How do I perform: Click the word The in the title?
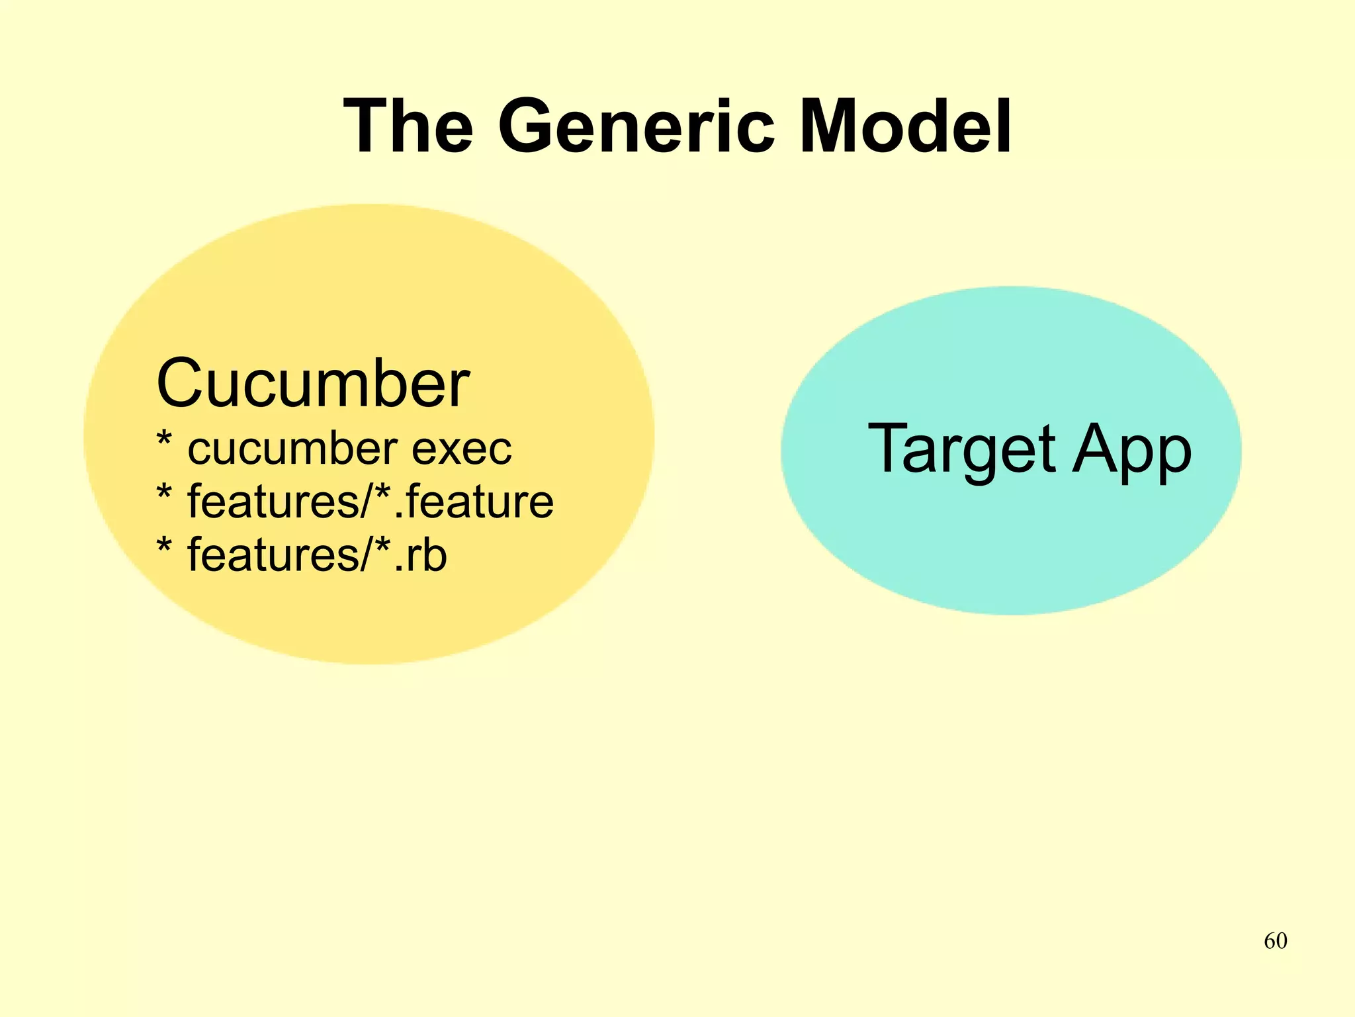pos(408,126)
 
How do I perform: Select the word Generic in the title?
pos(636,126)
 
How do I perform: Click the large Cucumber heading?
pos(313,384)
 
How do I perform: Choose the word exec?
pos(462,449)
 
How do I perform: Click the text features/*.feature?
pos(371,502)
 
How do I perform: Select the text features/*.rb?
pos(317,554)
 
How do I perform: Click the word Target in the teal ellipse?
pos(961,450)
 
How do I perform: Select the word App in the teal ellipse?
pos(1132,450)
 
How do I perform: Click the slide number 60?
pos(1275,941)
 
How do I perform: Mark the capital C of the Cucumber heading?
pos(179,384)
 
